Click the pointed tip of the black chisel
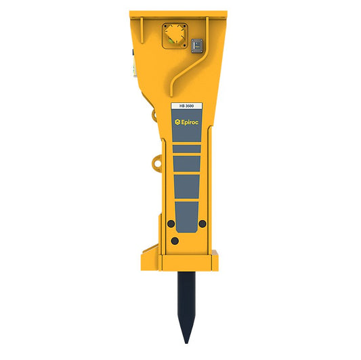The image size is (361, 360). click(186, 343)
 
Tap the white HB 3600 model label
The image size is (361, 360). click(186, 106)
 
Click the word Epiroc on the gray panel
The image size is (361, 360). click(190, 122)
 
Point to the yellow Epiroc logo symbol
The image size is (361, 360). click(177, 122)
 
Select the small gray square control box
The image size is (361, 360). click(197, 46)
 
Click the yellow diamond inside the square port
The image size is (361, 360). click(175, 35)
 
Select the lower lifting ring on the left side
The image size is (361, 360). click(156, 163)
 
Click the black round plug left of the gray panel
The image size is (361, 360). click(171, 223)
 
